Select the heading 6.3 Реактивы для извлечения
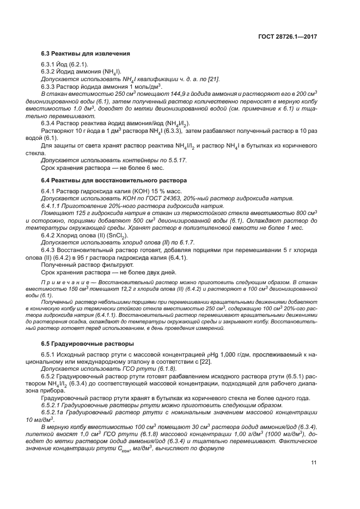click(86, 54)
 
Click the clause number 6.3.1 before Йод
click(50, 65)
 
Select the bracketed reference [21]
click(213, 79)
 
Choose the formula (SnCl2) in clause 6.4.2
click(117, 235)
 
